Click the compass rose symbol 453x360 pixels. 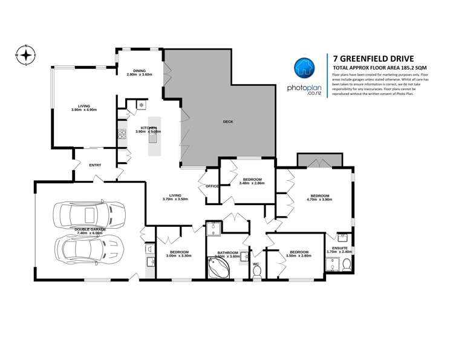(x=26, y=55)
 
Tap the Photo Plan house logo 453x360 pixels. (x=303, y=68)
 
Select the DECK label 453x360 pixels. (x=227, y=122)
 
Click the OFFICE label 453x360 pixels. (x=212, y=186)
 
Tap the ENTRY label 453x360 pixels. (x=95, y=165)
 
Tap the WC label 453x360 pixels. (x=256, y=264)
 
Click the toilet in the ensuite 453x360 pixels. (x=345, y=265)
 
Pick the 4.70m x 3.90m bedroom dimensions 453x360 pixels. (x=320, y=199)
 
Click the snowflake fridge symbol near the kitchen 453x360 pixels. (x=141, y=105)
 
